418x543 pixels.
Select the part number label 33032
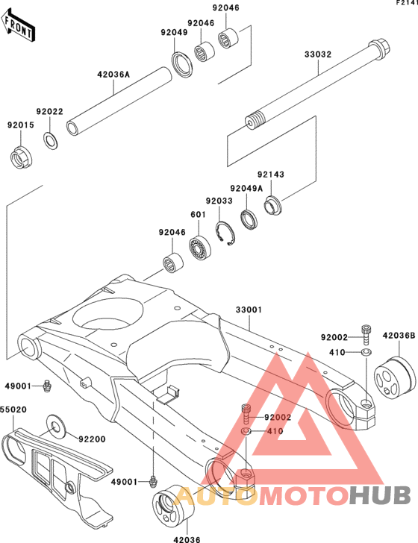[318, 54]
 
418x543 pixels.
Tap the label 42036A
[113, 74]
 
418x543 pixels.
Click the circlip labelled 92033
[225, 233]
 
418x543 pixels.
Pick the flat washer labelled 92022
[51, 140]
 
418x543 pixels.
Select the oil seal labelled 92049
[182, 63]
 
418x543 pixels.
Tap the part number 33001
[249, 310]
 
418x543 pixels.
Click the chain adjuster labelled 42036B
[394, 378]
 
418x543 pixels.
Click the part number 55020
[13, 409]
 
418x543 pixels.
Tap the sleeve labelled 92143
[273, 205]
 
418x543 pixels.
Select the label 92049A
[246, 189]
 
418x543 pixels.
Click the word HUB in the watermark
[379, 495]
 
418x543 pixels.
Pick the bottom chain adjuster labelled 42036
[174, 504]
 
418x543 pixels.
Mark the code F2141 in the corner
[408, 3]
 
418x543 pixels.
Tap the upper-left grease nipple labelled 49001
[47, 386]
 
